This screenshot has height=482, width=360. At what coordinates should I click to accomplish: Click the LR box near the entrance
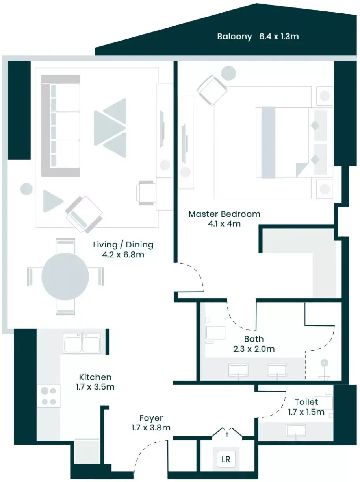pos(226,459)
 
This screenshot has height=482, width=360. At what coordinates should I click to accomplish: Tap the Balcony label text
pos(234,37)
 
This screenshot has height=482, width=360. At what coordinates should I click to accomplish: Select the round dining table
pos(65,277)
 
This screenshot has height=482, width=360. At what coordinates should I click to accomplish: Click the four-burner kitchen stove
pos(48,396)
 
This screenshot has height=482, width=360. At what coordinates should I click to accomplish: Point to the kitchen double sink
pos(82,343)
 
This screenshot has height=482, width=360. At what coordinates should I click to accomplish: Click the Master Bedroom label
pos(225,214)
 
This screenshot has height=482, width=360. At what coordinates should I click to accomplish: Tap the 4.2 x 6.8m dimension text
pos(123,255)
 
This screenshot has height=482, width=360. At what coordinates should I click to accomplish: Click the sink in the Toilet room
pos(296,430)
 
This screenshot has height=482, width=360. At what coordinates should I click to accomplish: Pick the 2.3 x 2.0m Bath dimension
pos(254,349)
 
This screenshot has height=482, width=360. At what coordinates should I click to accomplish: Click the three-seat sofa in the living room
pos(60,126)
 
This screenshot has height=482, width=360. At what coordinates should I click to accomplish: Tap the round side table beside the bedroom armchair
pos(228,73)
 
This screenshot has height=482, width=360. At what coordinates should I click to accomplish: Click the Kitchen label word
pos(95,377)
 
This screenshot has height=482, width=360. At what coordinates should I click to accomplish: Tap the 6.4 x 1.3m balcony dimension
pos(279,37)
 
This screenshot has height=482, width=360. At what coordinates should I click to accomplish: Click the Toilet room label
pos(306,402)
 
